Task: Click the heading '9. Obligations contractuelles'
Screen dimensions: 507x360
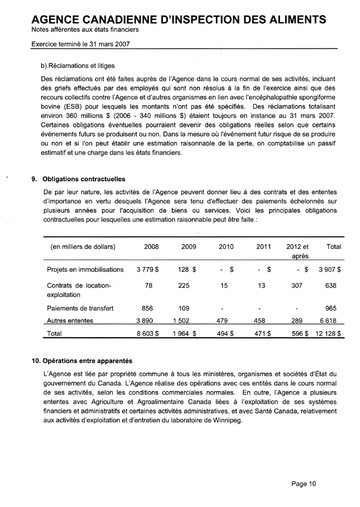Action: pos(82,178)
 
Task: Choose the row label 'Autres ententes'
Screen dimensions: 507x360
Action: pos(72,321)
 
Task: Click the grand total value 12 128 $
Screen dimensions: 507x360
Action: pos(328,334)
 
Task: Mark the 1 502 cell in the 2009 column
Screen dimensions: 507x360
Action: pos(188,321)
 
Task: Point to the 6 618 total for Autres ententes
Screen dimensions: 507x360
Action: pos(331,321)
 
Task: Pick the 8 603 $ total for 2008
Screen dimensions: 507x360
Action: pos(147,334)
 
